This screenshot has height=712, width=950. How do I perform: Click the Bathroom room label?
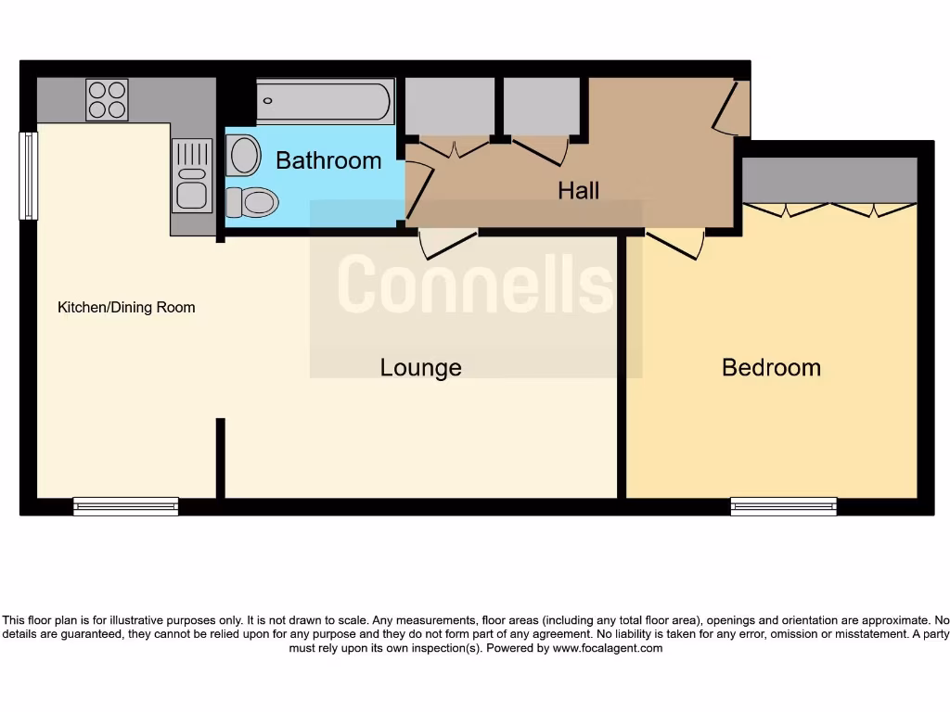coord(328,160)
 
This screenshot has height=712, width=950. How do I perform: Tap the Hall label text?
coord(578,190)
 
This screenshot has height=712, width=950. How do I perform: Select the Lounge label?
coord(420,367)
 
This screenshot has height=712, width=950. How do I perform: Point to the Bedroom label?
coord(771,367)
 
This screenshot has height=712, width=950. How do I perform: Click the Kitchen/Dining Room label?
coord(126,307)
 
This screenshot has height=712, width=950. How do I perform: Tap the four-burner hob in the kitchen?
coord(107,99)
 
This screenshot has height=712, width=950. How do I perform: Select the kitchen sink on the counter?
coord(192,176)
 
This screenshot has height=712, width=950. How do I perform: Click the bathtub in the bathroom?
coord(324,102)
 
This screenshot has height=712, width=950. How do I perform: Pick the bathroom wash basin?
coord(245,155)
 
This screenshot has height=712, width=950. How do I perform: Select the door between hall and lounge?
coord(448,246)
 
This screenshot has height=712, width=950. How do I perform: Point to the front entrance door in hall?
coord(730,109)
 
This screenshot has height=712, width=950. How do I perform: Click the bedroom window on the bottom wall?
coord(783,506)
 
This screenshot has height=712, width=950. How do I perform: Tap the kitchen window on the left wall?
coord(29,176)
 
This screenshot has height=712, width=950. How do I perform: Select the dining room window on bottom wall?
coord(125,506)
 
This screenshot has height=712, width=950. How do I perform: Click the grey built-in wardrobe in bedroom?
coord(829,179)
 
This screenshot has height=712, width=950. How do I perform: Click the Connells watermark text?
coord(475,284)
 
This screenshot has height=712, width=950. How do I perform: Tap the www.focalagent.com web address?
coord(608,648)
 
